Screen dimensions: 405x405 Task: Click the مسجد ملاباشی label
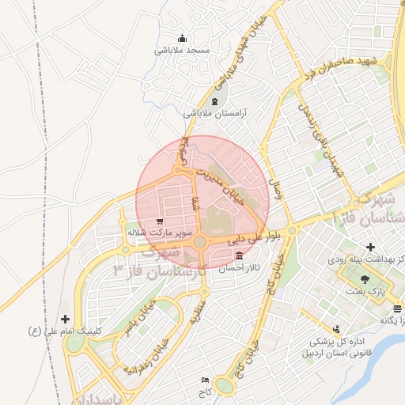183,50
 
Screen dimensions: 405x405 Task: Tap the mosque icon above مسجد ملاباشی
183,38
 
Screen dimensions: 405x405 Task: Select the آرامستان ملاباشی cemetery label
216,113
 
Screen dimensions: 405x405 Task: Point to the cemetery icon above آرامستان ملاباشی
216,102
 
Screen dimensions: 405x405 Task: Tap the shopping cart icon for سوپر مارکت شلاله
161,222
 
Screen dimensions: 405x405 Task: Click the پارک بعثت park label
365,292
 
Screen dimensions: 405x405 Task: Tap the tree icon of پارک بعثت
365,279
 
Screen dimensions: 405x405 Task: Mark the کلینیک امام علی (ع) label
65,329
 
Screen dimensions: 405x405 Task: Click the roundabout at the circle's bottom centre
201,242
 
